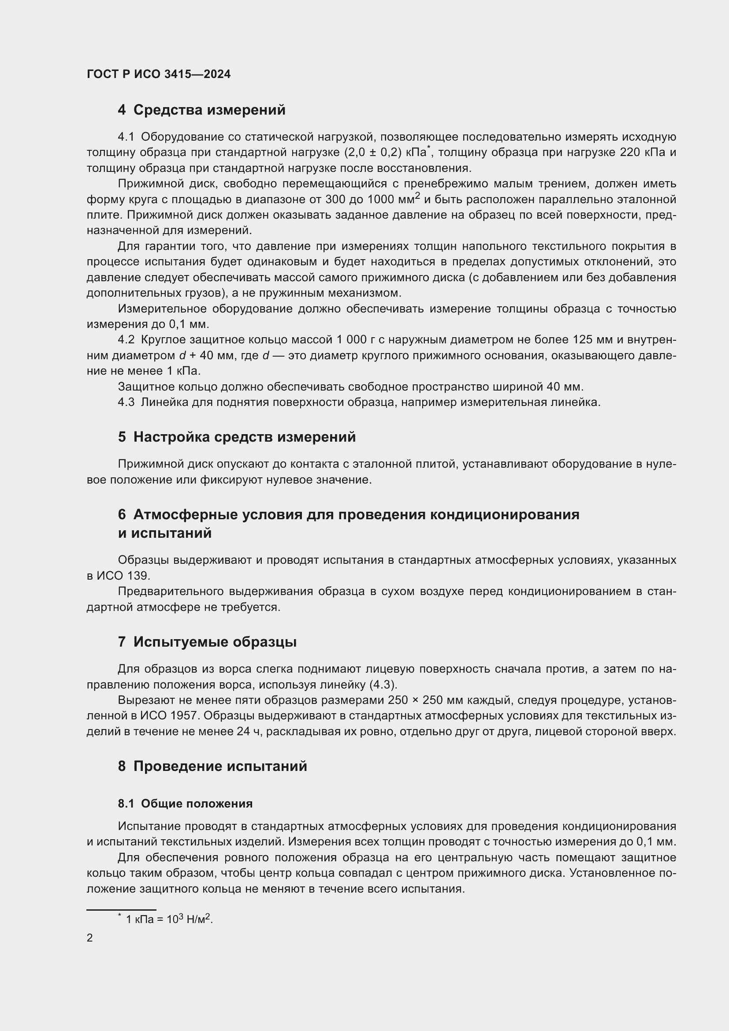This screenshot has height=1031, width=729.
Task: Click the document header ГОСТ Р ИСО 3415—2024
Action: coord(159,74)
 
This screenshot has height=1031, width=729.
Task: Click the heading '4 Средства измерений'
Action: coord(201,110)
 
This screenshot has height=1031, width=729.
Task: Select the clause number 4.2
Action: coord(126,340)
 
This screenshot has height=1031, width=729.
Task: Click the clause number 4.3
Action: coord(126,402)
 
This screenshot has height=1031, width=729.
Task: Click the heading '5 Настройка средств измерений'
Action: coord(237,437)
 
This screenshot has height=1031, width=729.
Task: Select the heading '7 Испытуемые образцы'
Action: coord(207,642)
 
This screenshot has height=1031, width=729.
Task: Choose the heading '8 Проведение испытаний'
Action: coord(212,766)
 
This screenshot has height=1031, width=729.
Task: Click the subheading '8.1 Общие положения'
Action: coord(185,804)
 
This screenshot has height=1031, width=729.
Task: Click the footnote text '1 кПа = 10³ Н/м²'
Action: coord(169,919)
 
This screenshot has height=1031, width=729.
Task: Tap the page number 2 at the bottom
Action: coord(90,938)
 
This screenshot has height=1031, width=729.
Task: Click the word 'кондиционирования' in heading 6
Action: coord(505,514)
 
